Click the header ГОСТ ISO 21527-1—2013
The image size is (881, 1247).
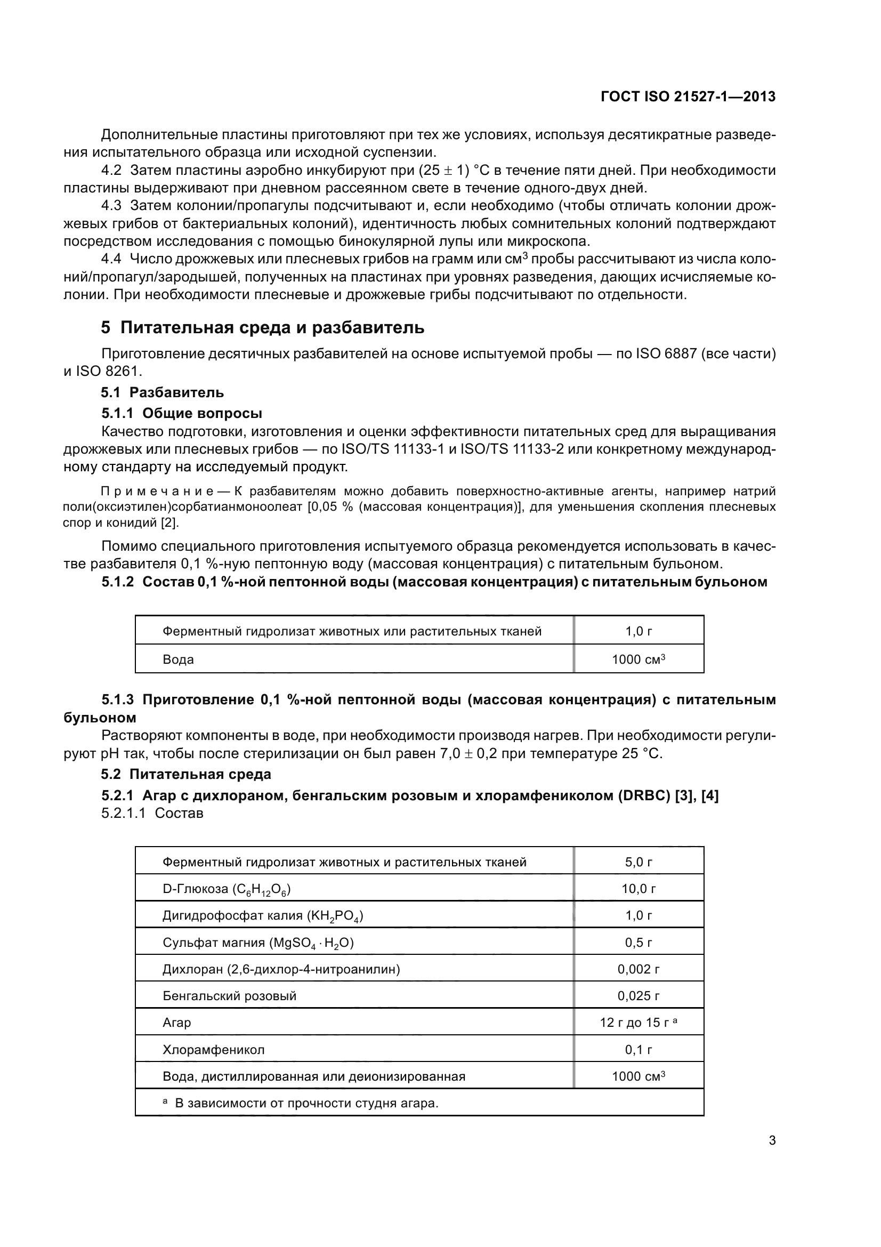pyautogui.click(x=688, y=97)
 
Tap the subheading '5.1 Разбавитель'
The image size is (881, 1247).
pyautogui.click(x=163, y=392)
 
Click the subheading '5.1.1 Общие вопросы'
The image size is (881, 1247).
pyautogui.click(x=181, y=413)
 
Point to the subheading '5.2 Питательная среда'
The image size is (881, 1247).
pyautogui.click(x=185, y=774)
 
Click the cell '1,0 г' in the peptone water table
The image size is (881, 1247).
pyautogui.click(x=638, y=631)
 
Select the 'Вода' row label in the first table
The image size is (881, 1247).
pyautogui.click(x=178, y=659)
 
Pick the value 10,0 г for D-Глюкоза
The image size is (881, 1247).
pyautogui.click(x=638, y=889)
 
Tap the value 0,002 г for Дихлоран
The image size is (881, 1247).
pyautogui.click(x=638, y=969)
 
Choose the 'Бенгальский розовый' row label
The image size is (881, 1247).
pyautogui.click(x=229, y=995)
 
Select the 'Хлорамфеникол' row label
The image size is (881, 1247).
pyautogui.click(x=213, y=1049)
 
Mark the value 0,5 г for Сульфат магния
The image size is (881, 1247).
pyautogui.click(x=638, y=942)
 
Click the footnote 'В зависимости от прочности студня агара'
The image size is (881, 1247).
pyautogui.click(x=306, y=1103)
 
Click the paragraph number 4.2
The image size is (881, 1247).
pyautogui.click(x=111, y=171)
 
